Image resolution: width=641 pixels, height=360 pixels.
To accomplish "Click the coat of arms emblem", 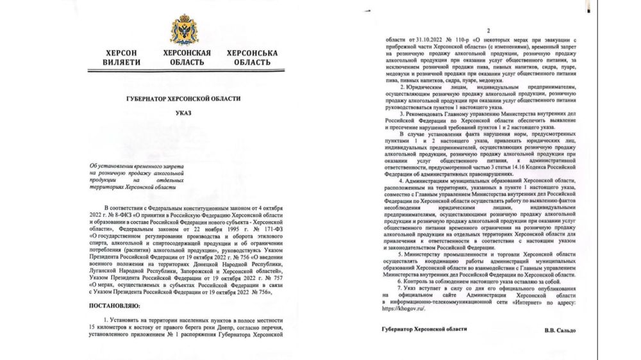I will (x=184, y=30).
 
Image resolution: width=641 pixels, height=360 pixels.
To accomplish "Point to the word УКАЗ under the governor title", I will (x=183, y=113).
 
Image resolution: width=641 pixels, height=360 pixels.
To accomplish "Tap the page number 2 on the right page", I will (x=488, y=31).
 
